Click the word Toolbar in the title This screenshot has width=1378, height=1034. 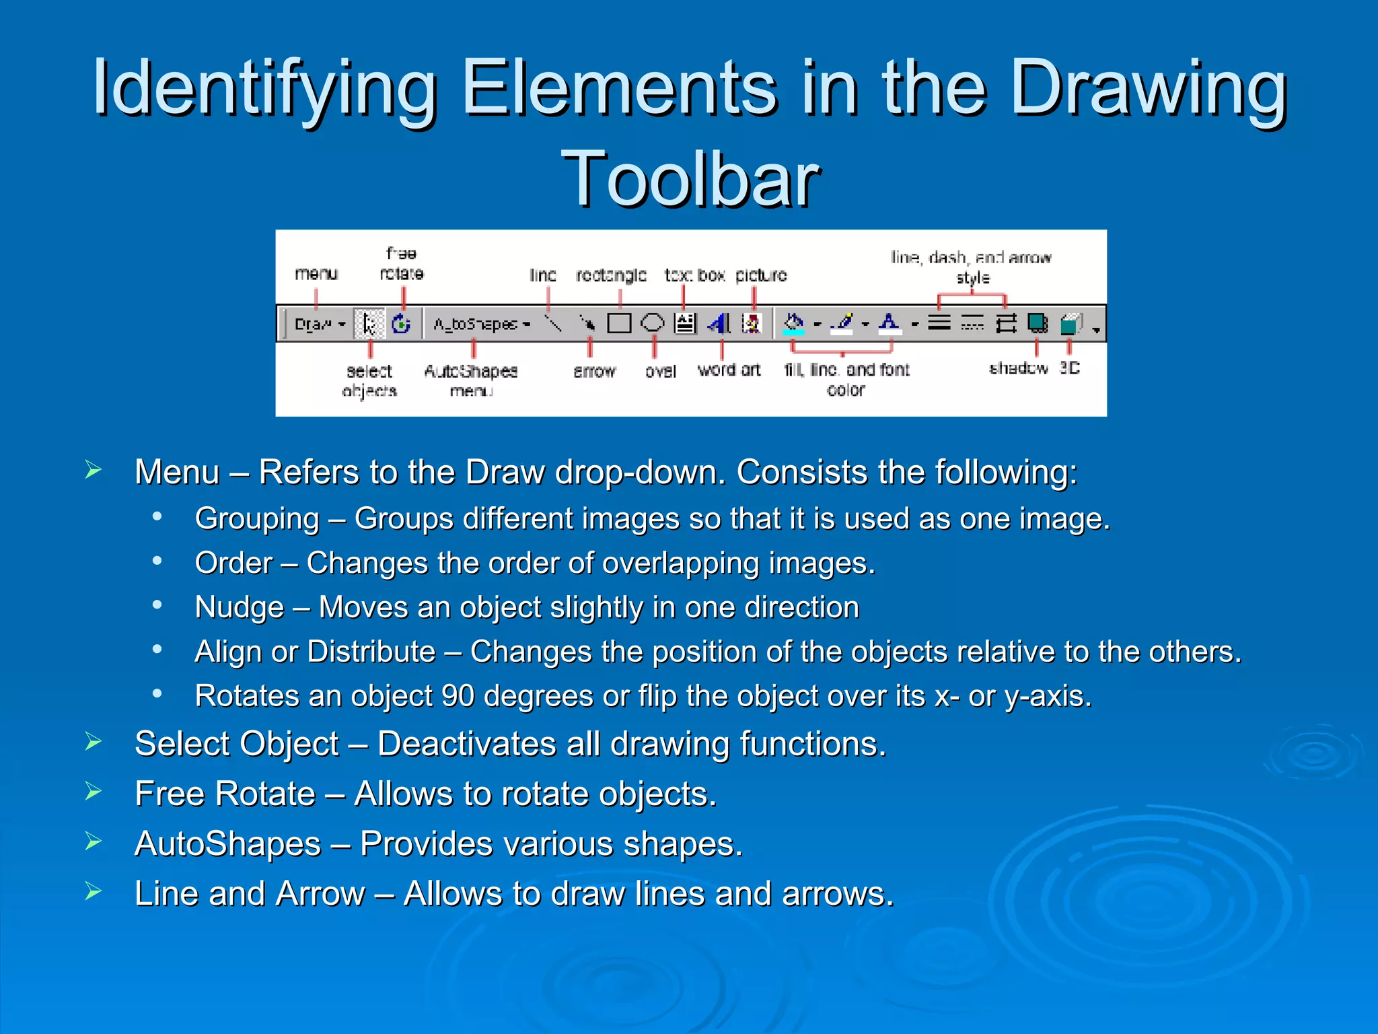[690, 179]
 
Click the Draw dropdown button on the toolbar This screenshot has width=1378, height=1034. [319, 324]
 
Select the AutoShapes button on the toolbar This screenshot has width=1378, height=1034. [480, 324]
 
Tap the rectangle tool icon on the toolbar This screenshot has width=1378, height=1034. [618, 324]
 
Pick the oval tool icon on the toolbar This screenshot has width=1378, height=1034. [651, 324]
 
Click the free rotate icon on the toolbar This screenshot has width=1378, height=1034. [402, 324]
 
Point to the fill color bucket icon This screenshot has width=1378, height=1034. [794, 324]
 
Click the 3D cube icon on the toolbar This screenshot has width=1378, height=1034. [1070, 324]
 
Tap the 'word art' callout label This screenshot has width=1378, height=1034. [729, 370]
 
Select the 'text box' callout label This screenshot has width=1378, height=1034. [694, 275]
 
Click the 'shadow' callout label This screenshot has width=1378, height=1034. [1018, 368]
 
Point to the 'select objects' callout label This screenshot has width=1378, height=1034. [369, 380]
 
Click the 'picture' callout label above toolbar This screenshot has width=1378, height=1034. [760, 275]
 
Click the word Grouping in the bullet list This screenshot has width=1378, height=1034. [256, 519]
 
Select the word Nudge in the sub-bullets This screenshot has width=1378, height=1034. [239, 608]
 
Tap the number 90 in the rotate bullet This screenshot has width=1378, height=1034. [458, 696]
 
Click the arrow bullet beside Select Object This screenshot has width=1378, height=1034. [93, 742]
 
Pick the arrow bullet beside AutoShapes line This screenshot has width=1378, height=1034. [93, 841]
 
